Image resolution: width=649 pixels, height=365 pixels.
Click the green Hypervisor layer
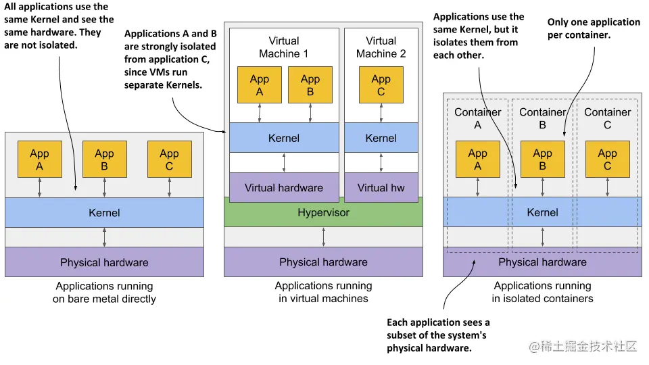tap(323, 213)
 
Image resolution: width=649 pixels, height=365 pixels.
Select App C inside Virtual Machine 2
tap(381, 84)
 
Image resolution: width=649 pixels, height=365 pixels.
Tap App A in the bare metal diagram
tap(39, 160)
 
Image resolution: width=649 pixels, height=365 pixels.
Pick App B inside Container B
tap(542, 160)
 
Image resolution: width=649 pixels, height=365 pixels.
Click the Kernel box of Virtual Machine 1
tap(283, 138)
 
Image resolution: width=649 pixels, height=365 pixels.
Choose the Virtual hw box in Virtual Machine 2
tap(381, 187)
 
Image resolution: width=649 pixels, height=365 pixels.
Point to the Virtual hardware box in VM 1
tap(283, 187)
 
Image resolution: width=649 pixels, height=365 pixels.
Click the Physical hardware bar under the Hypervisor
tap(323, 262)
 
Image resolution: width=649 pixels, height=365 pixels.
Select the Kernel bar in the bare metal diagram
tap(104, 213)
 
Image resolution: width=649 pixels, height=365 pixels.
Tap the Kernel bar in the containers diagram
tap(542, 212)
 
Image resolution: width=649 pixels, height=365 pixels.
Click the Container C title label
tap(607, 118)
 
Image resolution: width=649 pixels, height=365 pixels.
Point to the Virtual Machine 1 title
tap(283, 47)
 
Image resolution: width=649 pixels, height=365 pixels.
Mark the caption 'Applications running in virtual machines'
tap(323, 292)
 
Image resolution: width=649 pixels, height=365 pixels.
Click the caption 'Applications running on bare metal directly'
tap(104, 292)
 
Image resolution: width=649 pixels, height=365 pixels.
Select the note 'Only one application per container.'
tap(593, 28)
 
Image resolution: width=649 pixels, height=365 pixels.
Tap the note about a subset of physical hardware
tap(438, 335)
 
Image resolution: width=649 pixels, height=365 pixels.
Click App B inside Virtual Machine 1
tap(310, 84)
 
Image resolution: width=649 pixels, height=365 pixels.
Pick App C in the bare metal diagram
tap(169, 160)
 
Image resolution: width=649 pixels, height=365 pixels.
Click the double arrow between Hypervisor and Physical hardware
tap(324, 237)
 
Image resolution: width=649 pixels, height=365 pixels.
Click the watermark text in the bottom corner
tap(583, 346)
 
